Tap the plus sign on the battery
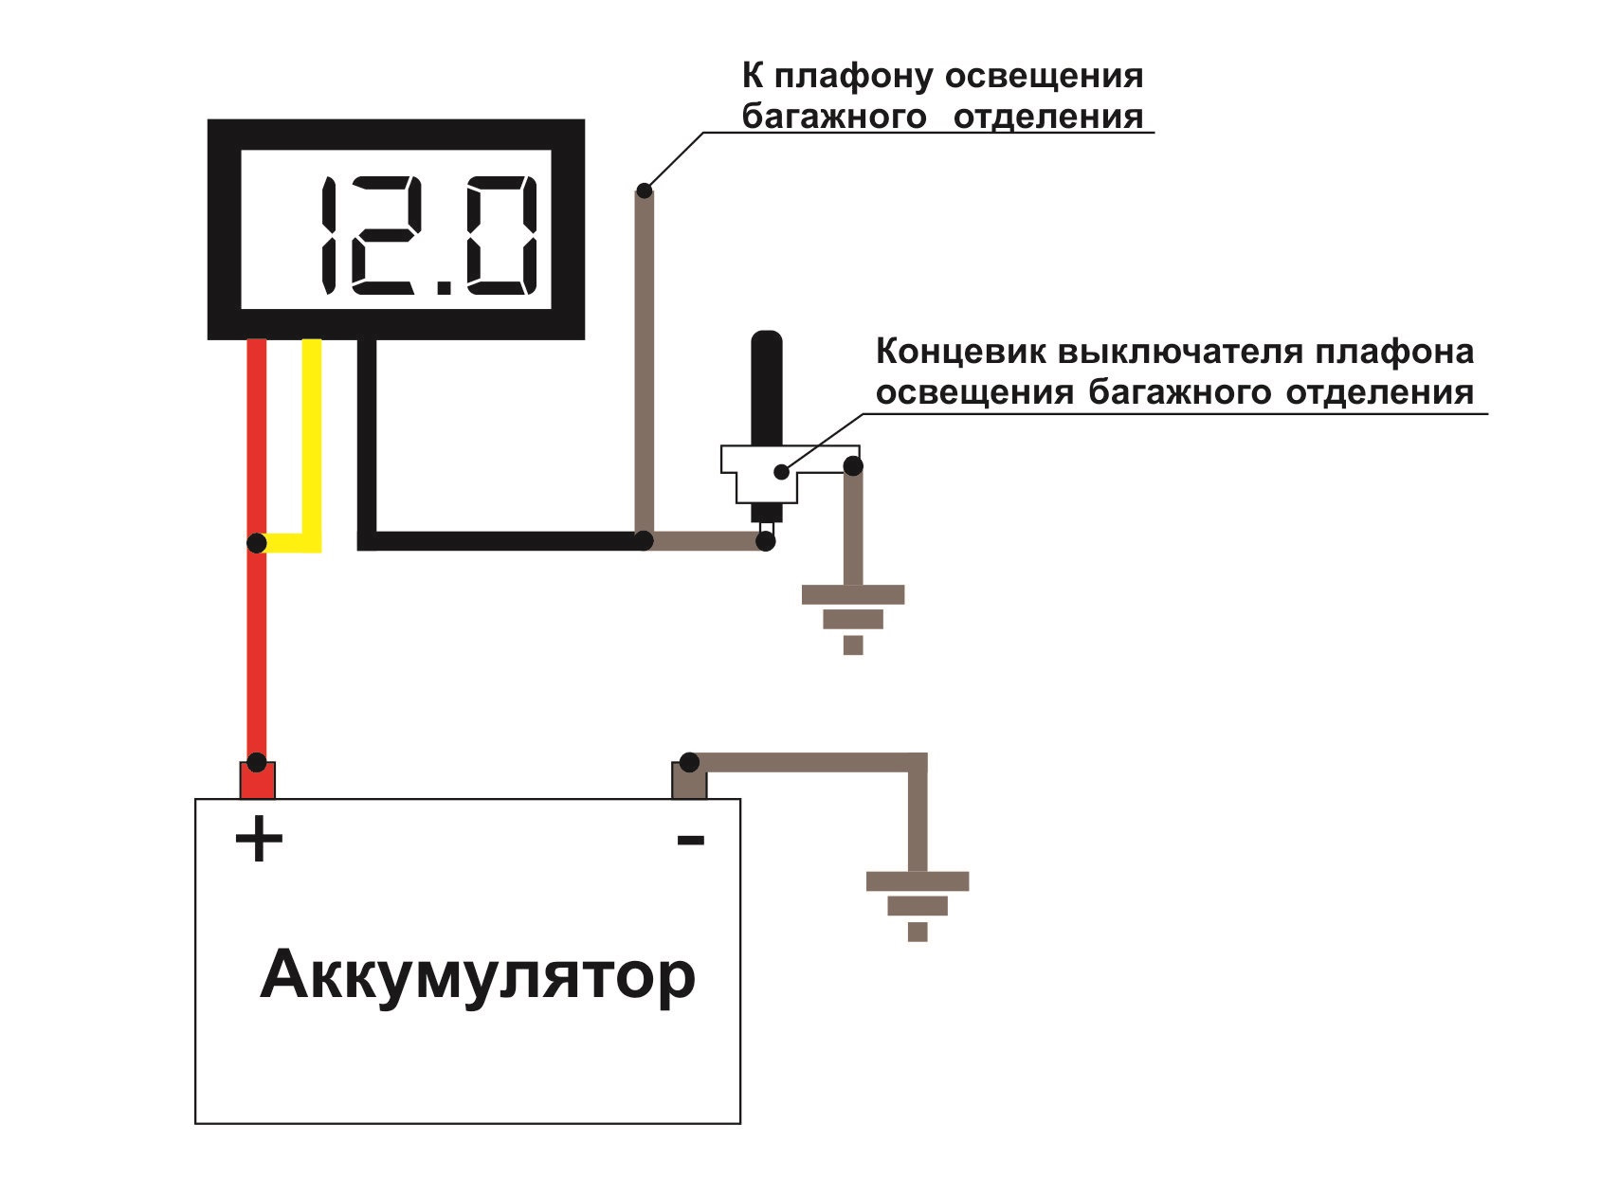tap(258, 840)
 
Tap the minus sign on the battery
tap(690, 839)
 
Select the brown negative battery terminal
tap(689, 780)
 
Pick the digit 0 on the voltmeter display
tap(496, 235)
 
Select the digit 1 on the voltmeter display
tap(327, 235)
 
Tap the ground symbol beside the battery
tap(918, 905)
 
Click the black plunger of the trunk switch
tap(766, 389)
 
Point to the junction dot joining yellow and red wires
tap(256, 543)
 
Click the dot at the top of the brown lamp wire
tap(645, 190)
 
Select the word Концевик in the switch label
tap(959, 353)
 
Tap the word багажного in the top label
tap(833, 118)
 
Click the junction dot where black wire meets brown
tap(645, 540)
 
